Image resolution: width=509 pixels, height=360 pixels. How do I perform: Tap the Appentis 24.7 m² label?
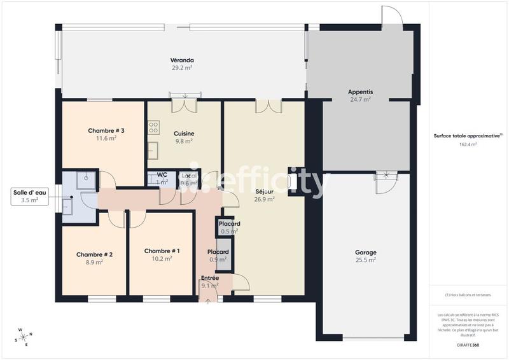[360, 95]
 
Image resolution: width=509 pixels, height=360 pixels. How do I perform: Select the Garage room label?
[365, 256]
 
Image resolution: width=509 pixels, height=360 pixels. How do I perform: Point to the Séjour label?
[264, 195]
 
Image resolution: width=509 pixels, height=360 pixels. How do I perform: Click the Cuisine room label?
[184, 137]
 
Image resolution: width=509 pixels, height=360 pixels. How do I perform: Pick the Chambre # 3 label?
[106, 134]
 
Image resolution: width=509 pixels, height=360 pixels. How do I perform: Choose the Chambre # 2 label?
[94, 258]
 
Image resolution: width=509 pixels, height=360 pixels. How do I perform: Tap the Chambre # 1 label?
[162, 254]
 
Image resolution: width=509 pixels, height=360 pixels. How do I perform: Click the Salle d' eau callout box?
[30, 196]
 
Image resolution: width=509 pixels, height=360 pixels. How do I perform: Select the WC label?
[162, 178]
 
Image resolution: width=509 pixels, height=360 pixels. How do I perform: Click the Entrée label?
[209, 282]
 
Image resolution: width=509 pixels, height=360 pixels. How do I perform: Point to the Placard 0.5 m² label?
[229, 227]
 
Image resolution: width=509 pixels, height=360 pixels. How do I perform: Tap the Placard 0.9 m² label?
[218, 255]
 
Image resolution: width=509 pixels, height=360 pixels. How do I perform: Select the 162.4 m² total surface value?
[468, 144]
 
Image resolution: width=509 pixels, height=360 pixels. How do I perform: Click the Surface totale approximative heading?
[468, 135]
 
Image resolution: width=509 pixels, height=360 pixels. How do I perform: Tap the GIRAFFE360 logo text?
[468, 344]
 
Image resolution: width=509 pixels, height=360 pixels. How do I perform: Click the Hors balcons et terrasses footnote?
[468, 295]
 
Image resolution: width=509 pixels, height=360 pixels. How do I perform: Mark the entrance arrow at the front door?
[207, 299]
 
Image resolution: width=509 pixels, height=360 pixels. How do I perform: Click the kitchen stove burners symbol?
[153, 128]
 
